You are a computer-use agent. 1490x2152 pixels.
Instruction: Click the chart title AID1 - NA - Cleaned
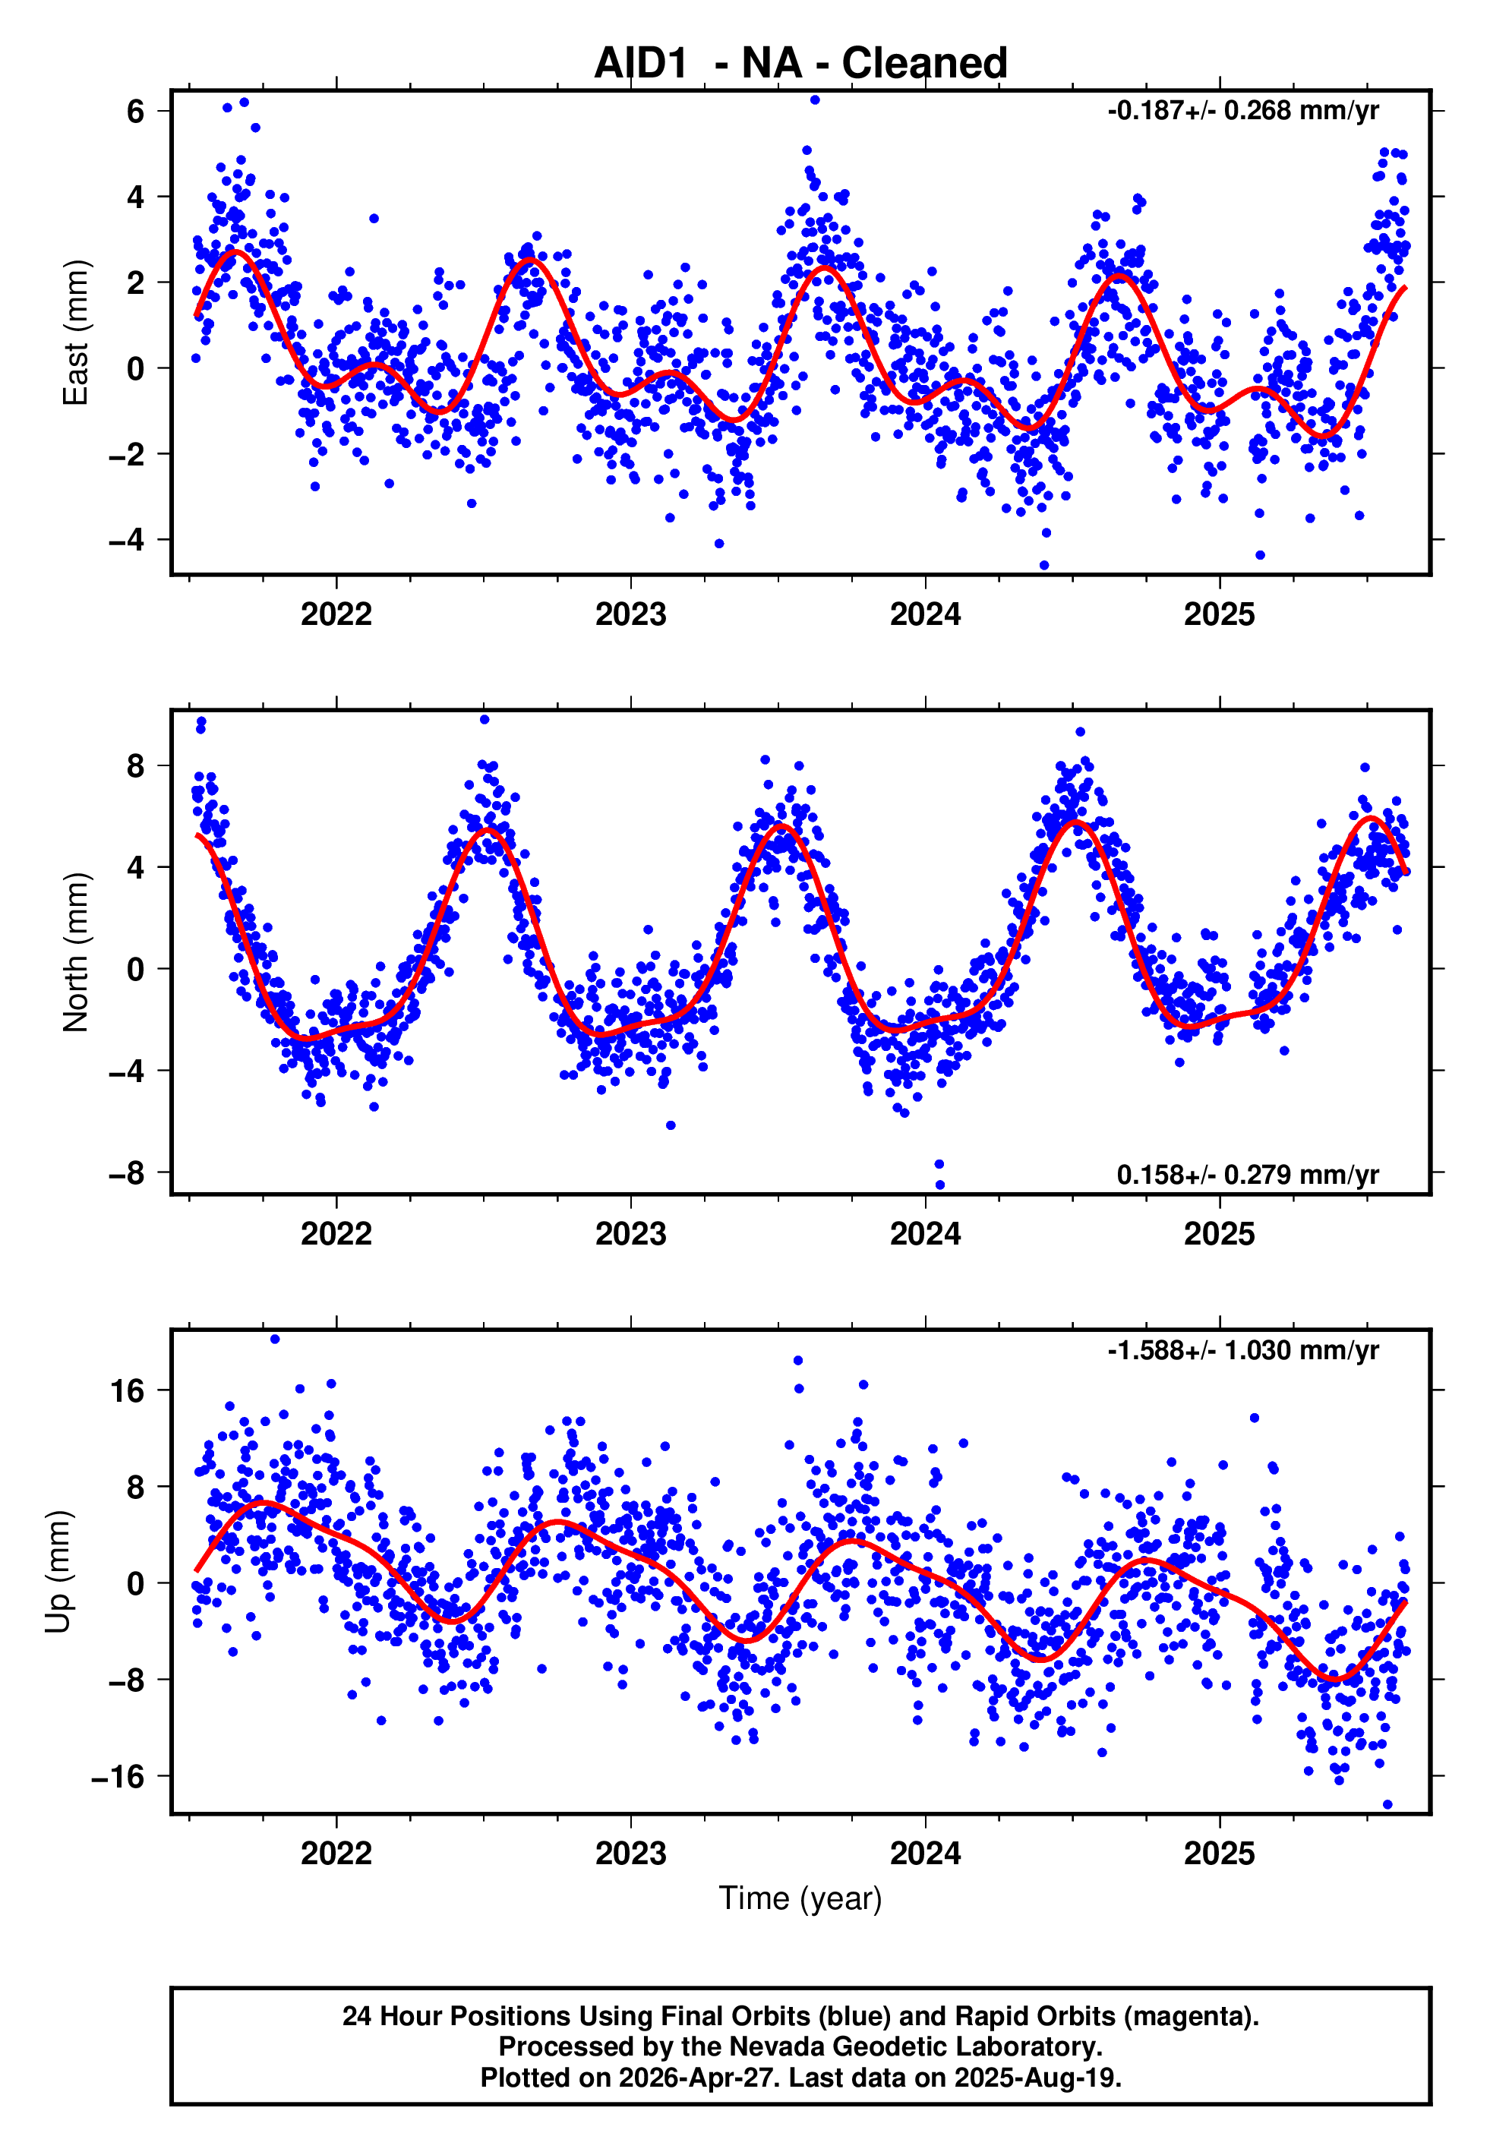click(800, 64)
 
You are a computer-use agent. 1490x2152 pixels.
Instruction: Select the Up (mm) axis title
click(58, 1572)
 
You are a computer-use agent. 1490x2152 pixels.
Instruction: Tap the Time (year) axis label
click(800, 1899)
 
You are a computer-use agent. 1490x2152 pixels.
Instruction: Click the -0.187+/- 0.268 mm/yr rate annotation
click(1242, 111)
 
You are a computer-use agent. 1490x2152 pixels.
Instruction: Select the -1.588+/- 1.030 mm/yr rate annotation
click(1242, 1350)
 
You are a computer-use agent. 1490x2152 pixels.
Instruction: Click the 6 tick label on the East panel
click(135, 112)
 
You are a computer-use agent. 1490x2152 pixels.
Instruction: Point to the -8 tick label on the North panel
click(127, 1173)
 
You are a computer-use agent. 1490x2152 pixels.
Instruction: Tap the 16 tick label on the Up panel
click(128, 1391)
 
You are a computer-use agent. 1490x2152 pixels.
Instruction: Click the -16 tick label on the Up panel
click(118, 1777)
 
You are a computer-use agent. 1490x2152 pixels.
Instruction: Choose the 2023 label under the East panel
click(631, 615)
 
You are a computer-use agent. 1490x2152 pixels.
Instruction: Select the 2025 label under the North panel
click(1219, 1235)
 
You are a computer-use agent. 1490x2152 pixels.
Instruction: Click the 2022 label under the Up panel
click(336, 1854)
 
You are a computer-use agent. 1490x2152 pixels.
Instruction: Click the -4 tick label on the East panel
click(127, 541)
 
